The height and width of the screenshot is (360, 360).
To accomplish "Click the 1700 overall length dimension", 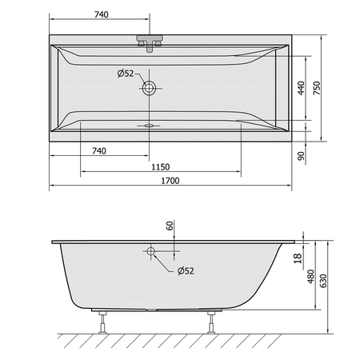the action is (x=170, y=181).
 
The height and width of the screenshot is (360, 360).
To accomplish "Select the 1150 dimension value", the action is (x=161, y=167).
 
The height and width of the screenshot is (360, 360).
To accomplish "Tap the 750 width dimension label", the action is (x=317, y=88).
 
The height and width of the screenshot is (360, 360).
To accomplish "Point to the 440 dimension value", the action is (x=301, y=88).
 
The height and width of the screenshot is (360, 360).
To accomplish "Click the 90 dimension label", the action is (x=301, y=156).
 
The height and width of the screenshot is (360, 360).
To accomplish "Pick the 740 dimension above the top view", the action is (x=102, y=14).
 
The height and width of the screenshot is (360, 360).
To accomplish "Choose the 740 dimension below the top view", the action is (x=99, y=151).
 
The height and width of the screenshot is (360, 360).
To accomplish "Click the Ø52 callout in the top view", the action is (x=126, y=73).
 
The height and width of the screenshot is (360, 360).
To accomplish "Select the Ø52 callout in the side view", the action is (x=186, y=270).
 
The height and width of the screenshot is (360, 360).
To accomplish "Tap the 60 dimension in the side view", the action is (x=170, y=226).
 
